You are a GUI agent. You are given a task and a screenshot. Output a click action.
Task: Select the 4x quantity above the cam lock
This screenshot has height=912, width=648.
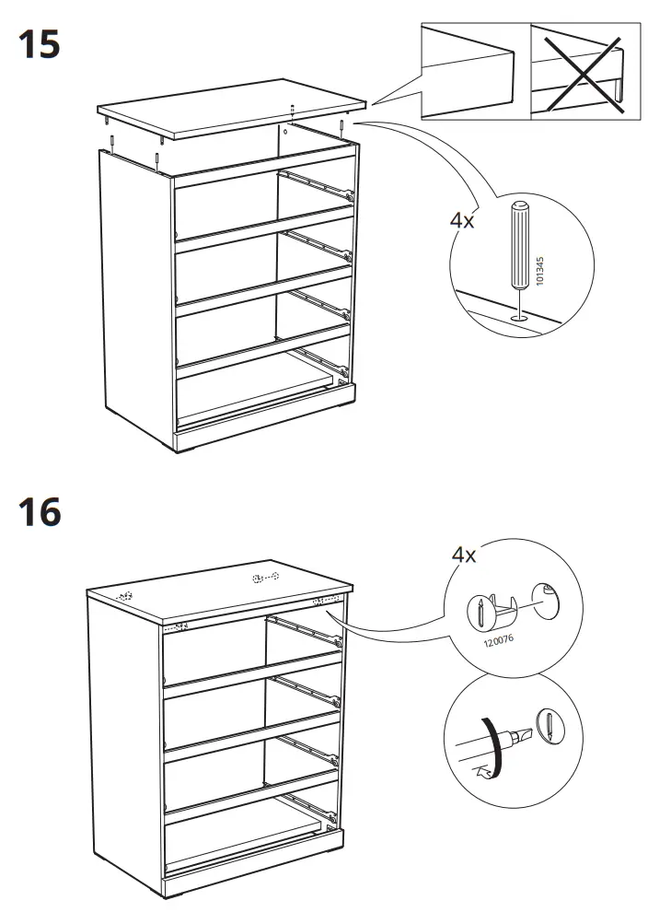[x=463, y=555]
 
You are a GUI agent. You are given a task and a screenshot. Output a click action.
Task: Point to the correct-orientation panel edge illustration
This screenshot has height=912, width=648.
[x=474, y=72]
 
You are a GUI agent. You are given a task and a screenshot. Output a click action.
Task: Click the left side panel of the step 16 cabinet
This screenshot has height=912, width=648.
[x=124, y=737]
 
